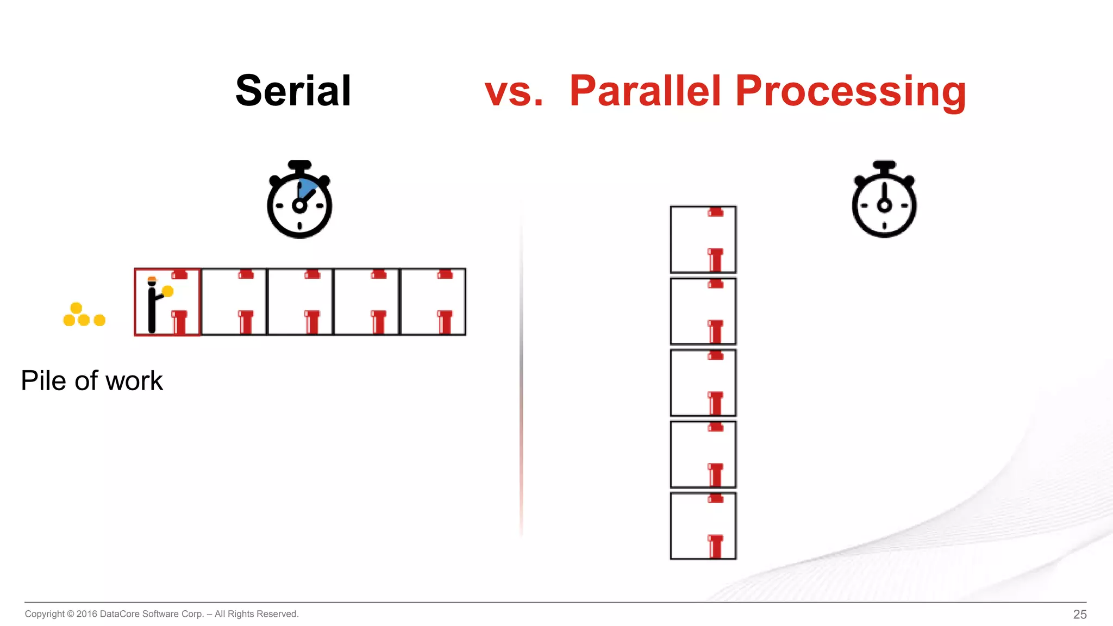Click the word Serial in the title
point(293,91)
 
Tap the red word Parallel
point(646,91)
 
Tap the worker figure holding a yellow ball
point(153,304)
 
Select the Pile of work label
point(92,380)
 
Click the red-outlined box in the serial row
point(167,302)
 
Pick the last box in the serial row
point(433,302)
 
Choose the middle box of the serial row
point(300,302)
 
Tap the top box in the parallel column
point(703,239)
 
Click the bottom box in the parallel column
point(703,526)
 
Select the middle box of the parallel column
point(703,383)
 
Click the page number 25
point(1079,614)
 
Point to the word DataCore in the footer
point(120,614)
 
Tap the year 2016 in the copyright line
point(86,614)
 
